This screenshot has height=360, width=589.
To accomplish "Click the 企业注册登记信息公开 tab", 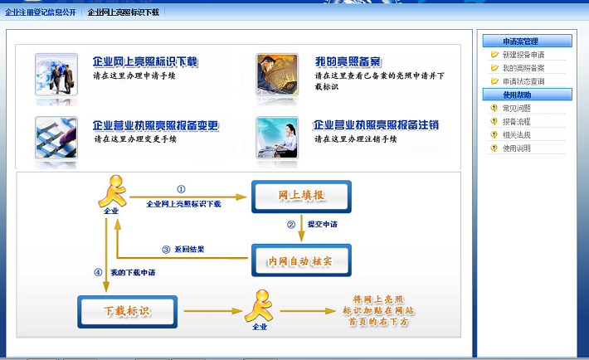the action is (41, 12).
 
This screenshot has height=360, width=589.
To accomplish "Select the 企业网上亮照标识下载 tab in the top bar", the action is (124, 12).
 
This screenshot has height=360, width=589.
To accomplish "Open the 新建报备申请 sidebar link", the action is (523, 55).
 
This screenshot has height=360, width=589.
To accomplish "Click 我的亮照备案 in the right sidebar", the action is (523, 68).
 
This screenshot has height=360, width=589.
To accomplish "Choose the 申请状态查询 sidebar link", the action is (523, 81).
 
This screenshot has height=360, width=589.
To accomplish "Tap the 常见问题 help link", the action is (517, 108).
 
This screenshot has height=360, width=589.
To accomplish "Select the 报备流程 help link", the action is (517, 121).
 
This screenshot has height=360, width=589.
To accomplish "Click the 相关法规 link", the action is (517, 135).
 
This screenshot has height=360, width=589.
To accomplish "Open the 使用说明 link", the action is (517, 148).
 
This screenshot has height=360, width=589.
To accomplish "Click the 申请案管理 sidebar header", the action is (527, 41).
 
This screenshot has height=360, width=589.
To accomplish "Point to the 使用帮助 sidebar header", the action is (527, 95).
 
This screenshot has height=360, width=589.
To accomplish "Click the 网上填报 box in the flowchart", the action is (301, 197).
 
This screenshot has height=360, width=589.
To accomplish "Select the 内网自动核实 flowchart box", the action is (301, 260).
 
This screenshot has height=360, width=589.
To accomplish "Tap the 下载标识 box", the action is (128, 312).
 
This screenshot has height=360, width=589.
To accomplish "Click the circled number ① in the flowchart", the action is (181, 189).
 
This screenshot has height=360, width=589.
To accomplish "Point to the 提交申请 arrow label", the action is (323, 224).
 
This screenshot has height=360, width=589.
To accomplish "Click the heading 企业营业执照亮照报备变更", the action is (155, 125).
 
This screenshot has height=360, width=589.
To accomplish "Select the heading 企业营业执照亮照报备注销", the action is (376, 124).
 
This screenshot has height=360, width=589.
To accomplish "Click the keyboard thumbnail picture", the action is (56, 138).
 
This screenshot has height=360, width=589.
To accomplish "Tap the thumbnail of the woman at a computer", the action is (277, 138).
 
